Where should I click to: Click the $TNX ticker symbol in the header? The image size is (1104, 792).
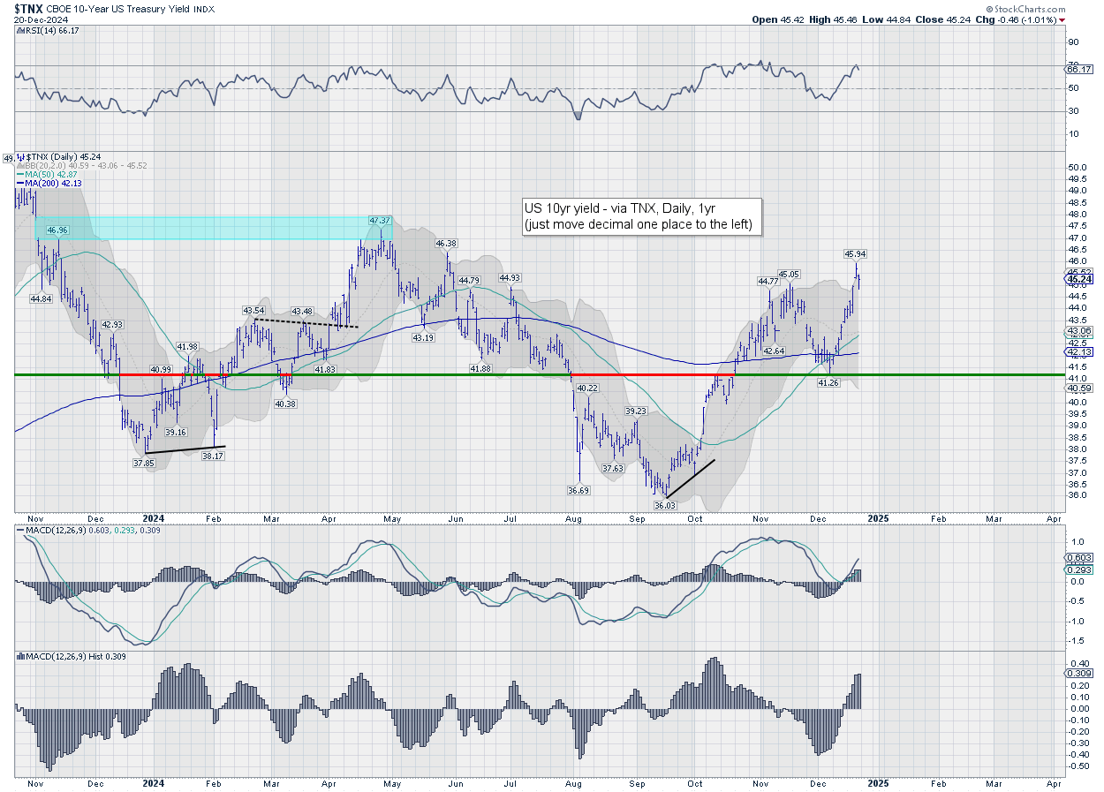[30, 8]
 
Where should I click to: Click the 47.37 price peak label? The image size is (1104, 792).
[380, 220]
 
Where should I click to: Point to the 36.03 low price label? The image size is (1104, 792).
[663, 504]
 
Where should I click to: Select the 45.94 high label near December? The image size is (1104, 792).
[854, 253]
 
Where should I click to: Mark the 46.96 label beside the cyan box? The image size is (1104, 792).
[57, 230]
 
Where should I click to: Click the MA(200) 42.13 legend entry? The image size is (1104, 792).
[42, 184]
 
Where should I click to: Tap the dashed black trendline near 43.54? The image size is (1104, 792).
[305, 323]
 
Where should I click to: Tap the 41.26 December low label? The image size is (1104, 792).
[828, 382]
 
